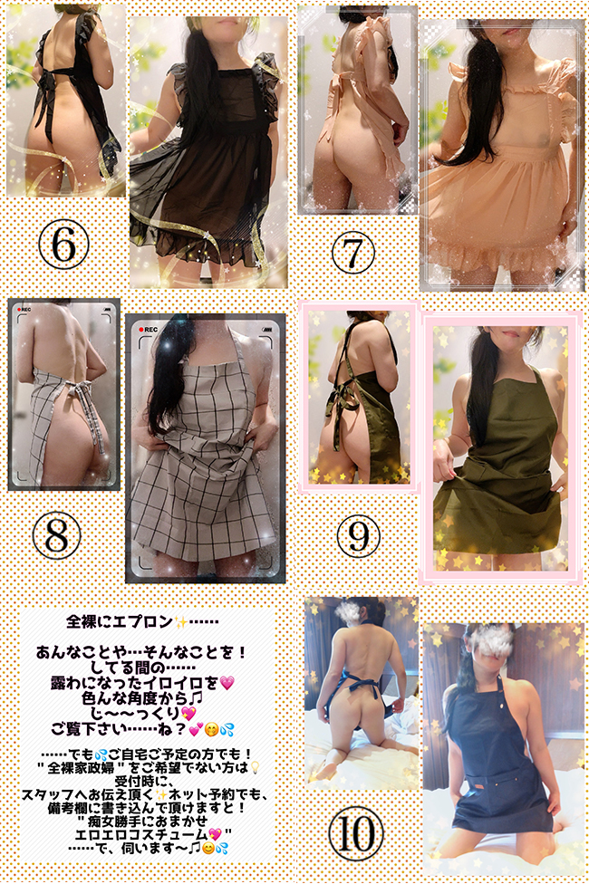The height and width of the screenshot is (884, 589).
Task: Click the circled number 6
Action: pos(63,245)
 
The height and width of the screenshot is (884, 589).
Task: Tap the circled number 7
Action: pos(353,253)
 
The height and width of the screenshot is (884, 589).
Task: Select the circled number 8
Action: pos(56,535)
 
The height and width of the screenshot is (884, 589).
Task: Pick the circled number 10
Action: pos(356,834)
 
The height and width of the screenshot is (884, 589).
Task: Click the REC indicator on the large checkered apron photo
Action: pos(148,330)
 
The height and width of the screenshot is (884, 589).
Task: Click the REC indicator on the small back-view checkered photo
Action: pos(24,310)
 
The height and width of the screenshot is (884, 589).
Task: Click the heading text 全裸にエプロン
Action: pos(119,622)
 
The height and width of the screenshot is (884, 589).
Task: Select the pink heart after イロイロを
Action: pos(227,684)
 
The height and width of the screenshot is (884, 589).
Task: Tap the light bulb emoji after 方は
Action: pos(255,767)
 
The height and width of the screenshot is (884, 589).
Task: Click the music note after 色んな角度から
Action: pos(198,698)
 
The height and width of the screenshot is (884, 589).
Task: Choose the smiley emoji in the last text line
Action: pos(208,848)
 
